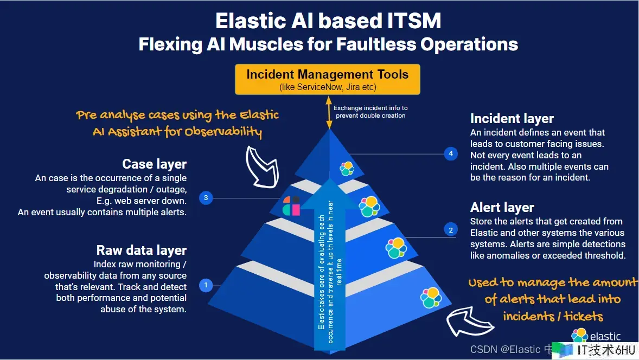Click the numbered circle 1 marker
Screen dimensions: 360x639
pos(206,285)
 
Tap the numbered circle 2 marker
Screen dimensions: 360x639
pos(450,230)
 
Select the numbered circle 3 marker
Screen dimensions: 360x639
pos(205,198)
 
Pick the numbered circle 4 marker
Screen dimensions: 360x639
pos(451,154)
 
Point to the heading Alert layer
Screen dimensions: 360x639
pos(502,208)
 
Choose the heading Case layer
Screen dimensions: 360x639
pos(155,164)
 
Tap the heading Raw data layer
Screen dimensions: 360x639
pos(142,250)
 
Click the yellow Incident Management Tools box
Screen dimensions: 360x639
pos(327,79)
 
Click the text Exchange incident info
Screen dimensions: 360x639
pos(370,108)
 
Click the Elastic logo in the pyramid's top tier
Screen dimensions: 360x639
pos(347,168)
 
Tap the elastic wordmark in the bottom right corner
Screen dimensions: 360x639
pos(604,337)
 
